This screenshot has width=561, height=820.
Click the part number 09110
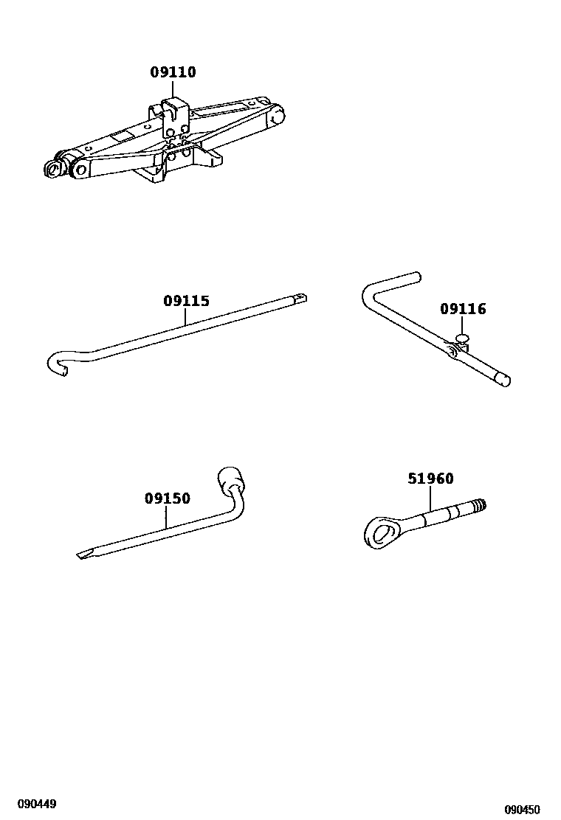pos(173,72)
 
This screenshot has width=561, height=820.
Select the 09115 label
pos(186,301)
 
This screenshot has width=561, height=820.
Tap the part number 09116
pos(463,309)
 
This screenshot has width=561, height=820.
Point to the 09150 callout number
pos(167,498)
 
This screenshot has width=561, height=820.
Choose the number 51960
pos(430,479)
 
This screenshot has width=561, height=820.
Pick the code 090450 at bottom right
pos(523,809)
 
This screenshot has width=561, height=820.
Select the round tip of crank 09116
pos(503,381)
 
